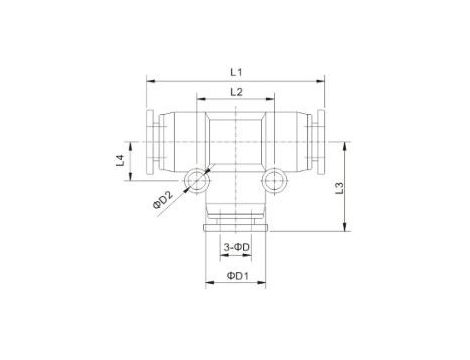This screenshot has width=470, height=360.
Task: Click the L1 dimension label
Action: (x=235, y=70)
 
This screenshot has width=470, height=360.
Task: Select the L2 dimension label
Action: (x=235, y=92)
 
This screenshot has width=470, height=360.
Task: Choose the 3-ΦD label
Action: (x=236, y=247)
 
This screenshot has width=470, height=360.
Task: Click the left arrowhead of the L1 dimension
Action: (x=150, y=79)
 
